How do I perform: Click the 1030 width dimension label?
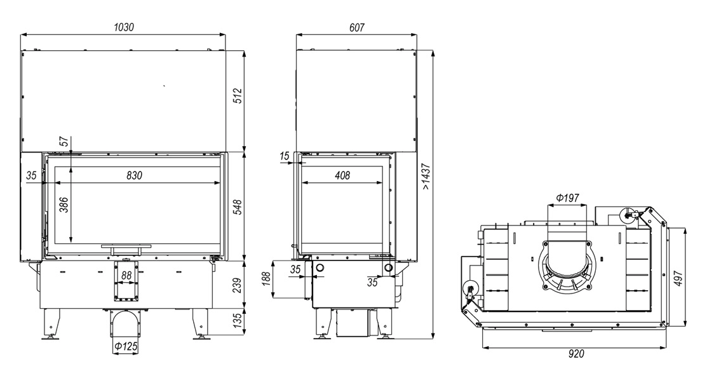tap(123, 27)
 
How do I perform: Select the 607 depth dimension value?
tap(356, 27)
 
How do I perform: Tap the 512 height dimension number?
tap(238, 96)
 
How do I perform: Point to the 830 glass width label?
tap(134, 175)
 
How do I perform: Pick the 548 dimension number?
tap(238, 207)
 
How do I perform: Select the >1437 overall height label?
tap(426, 176)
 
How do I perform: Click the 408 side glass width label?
tap(342, 175)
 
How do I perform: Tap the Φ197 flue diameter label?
tap(567, 198)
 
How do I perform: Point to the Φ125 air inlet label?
tap(125, 346)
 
